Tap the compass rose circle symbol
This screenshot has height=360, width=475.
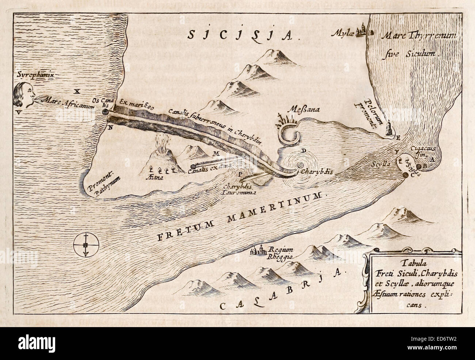(x=85, y=246)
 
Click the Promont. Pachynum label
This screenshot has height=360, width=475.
(x=103, y=185)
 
